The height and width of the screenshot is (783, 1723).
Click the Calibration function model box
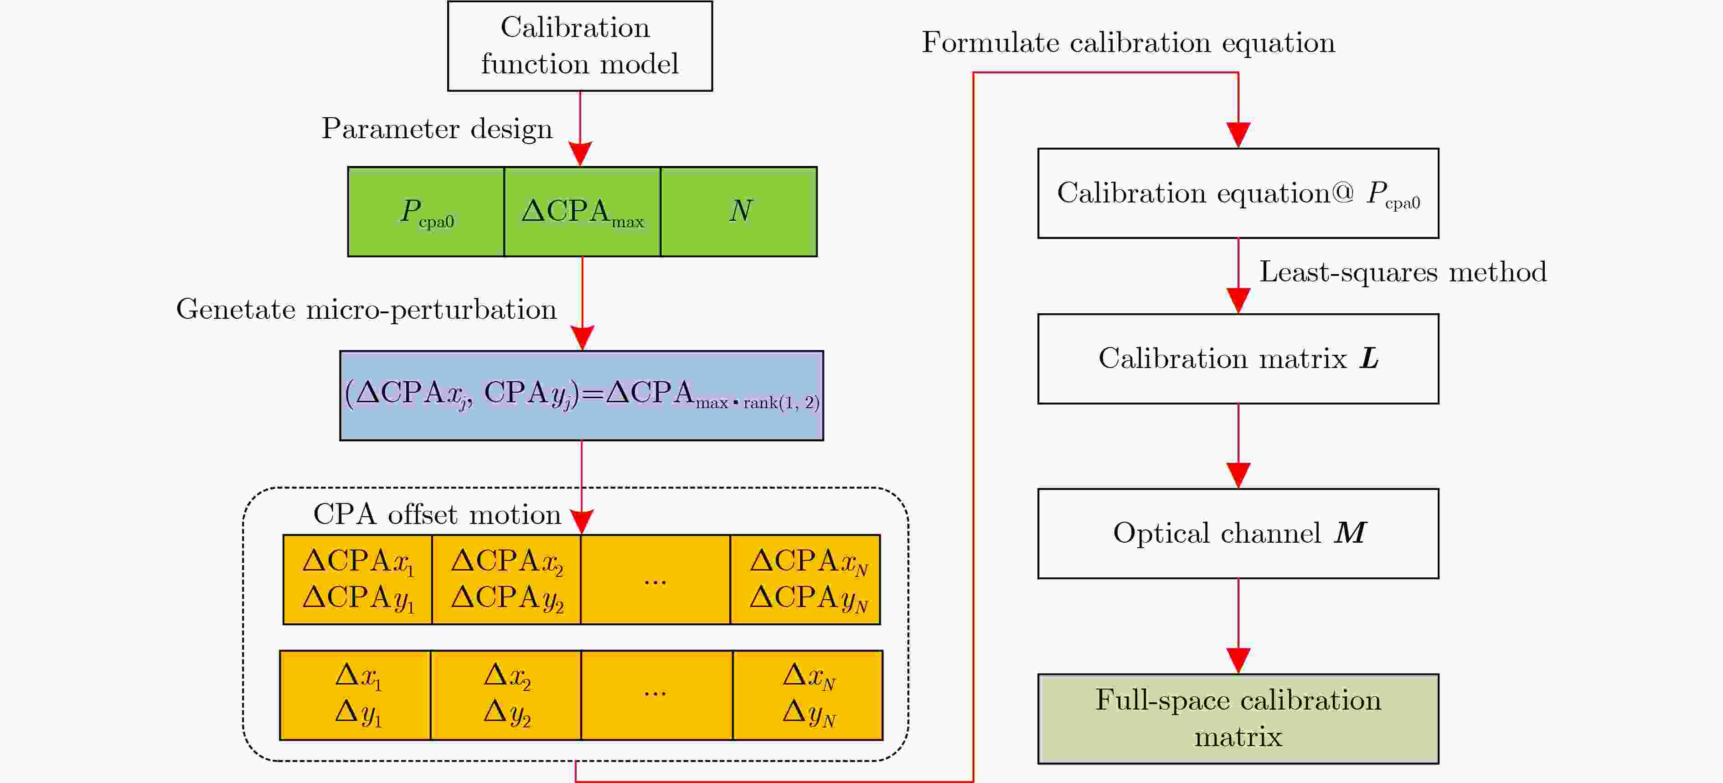coord(579,46)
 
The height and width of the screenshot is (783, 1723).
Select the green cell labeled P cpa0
coord(426,212)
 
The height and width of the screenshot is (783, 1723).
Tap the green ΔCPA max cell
coord(582,212)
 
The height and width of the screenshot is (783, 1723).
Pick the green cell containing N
coord(739,212)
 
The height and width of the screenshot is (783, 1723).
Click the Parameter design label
coord(437,128)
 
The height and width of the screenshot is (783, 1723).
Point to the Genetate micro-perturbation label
coord(366,309)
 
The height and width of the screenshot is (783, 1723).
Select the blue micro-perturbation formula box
coord(581,395)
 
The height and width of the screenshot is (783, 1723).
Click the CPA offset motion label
coord(437,514)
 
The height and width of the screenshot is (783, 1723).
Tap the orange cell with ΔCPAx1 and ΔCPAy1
coord(358,580)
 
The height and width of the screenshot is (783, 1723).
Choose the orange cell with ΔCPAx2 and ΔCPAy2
coord(506,580)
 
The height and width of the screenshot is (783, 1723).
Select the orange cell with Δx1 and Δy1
coord(355,695)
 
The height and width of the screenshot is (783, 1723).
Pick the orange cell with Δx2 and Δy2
coord(506,695)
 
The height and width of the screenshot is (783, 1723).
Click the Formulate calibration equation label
coord(1128,43)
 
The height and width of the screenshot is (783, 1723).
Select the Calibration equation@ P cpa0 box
coord(1238,193)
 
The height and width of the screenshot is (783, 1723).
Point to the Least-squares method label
coord(1403,272)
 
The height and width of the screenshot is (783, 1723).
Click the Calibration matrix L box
coord(1238,359)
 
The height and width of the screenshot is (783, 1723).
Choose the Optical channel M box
coord(1238,534)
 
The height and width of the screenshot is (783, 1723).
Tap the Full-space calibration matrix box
coord(1238,718)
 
